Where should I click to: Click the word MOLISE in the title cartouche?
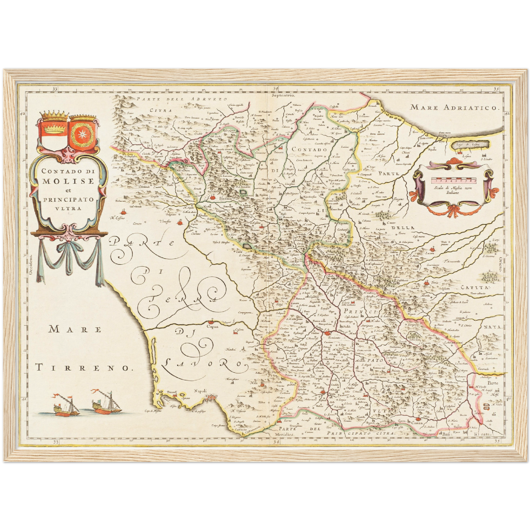68,181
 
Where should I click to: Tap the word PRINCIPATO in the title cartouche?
69,200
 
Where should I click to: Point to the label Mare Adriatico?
455,107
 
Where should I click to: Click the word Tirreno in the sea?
83,367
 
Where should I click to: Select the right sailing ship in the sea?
106,403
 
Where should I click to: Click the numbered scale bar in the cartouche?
454,180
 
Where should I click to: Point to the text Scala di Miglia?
454,188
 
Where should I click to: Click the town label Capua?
212,326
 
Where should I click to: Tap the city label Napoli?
201,391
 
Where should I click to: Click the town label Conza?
417,423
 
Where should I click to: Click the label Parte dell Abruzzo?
182,99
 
